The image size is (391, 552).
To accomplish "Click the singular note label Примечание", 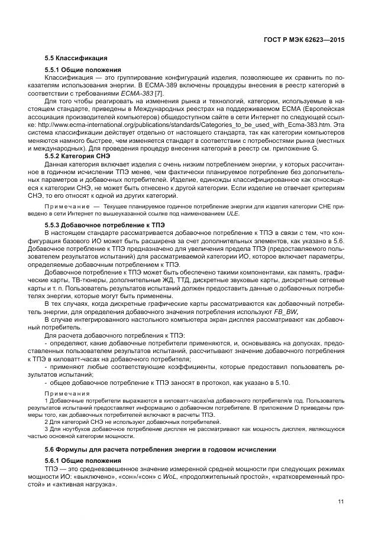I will pyautogui.click(x=66, y=207).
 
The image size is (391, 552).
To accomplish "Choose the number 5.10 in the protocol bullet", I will pyautogui.click(x=282, y=383).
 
